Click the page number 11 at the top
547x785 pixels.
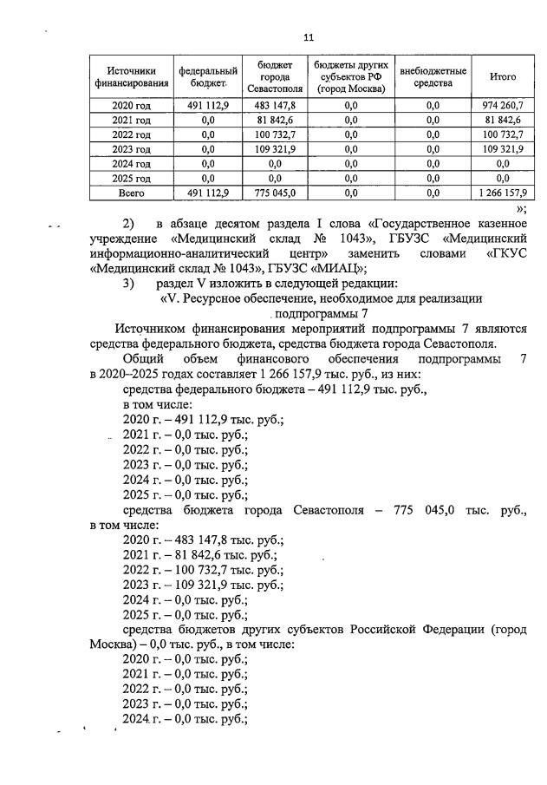pyautogui.click(x=308, y=37)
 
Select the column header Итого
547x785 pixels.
pyautogui.click(x=503, y=76)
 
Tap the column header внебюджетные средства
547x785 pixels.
pyautogui.click(x=433, y=76)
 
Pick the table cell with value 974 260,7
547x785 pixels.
pyautogui.click(x=503, y=105)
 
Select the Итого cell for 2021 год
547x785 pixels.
pyautogui.click(x=503, y=120)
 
